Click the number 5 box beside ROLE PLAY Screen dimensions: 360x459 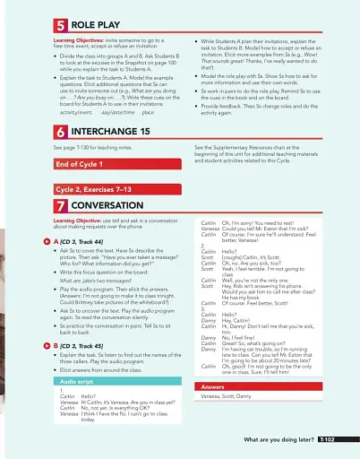click(60, 26)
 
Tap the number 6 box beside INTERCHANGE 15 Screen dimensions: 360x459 click(60, 131)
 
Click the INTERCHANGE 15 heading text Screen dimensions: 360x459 click(111, 131)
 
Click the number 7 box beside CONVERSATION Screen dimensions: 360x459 click(60, 205)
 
